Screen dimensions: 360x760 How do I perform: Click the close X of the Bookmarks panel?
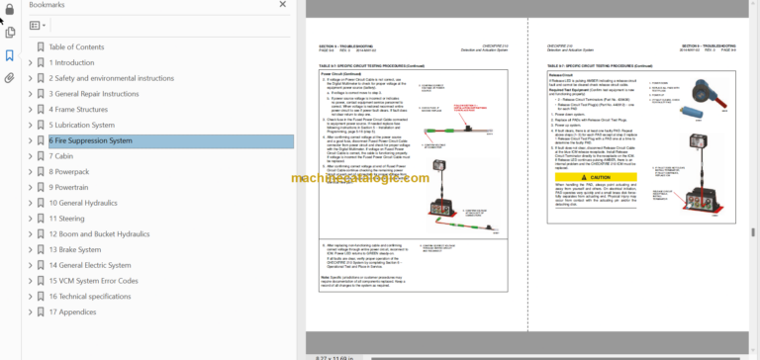(x=286, y=6)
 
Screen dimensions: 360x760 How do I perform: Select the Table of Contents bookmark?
(x=76, y=46)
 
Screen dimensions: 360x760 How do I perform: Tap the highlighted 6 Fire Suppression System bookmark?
(x=90, y=140)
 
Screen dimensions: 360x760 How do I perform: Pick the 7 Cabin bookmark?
(x=63, y=156)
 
